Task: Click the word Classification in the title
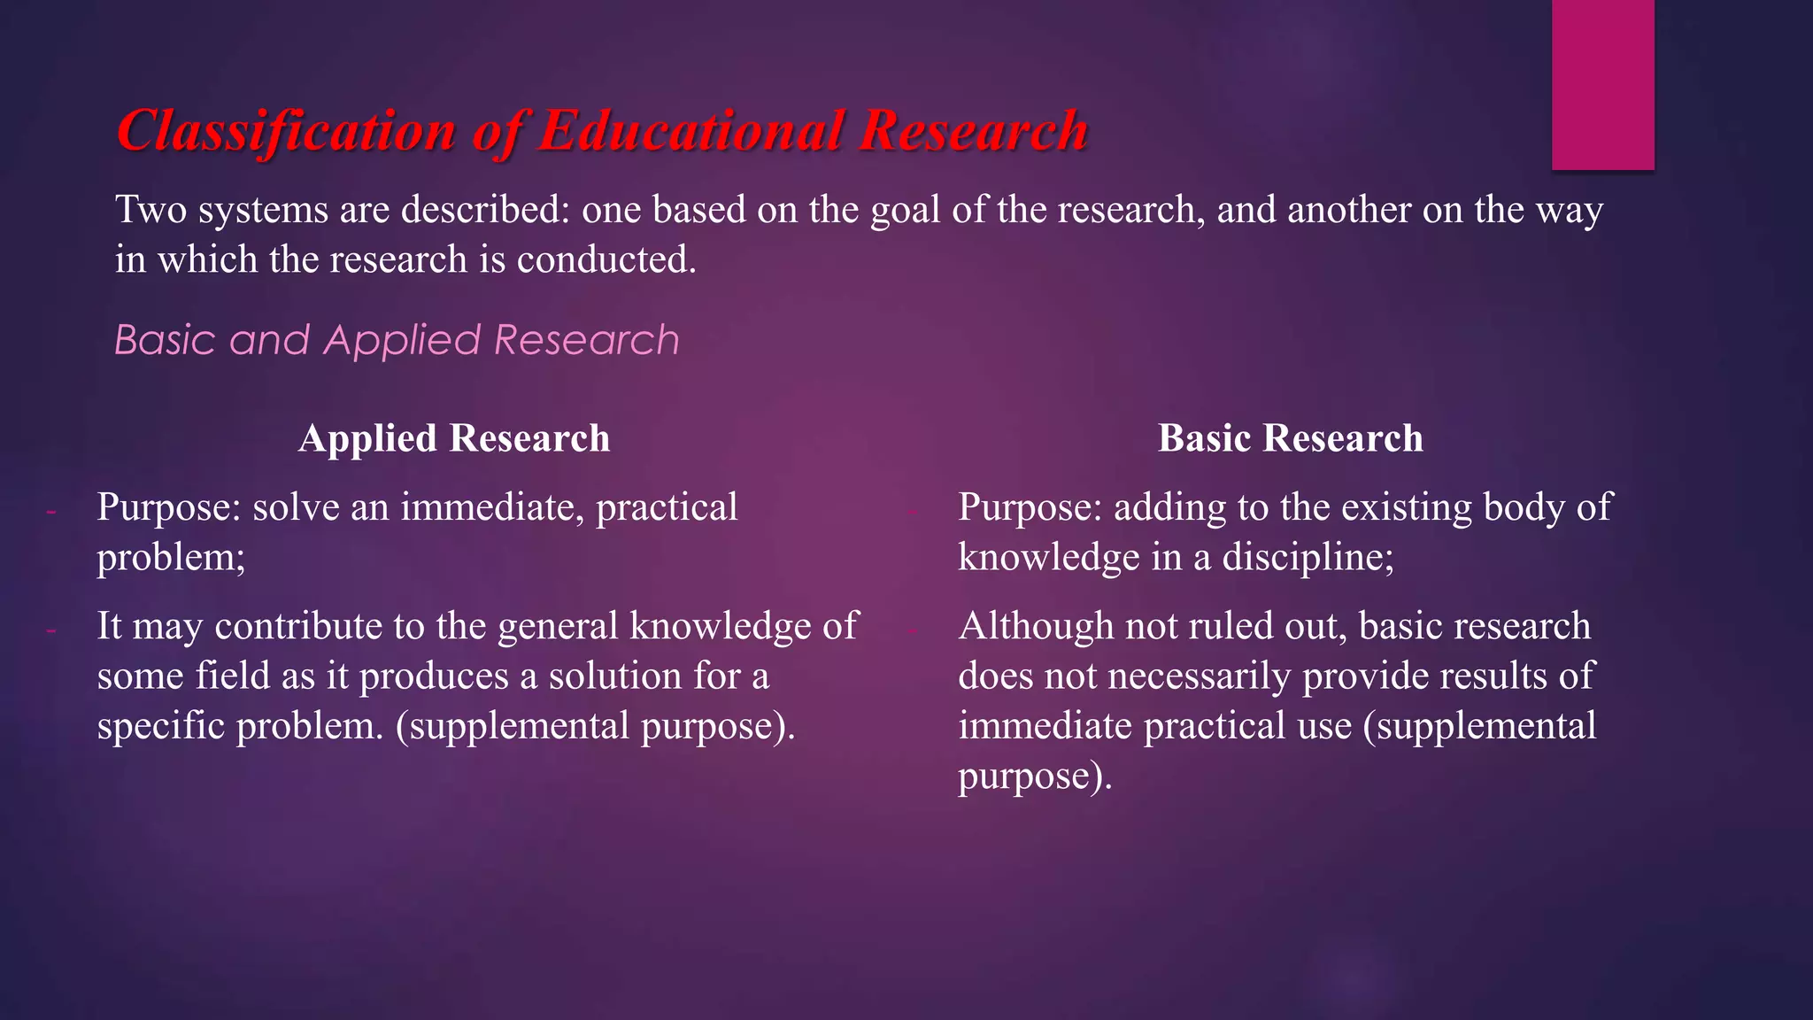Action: (x=286, y=131)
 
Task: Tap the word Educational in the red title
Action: (x=691, y=131)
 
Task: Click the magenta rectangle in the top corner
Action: (x=1602, y=84)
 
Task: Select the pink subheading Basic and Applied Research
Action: (x=397, y=340)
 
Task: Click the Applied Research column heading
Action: (x=454, y=438)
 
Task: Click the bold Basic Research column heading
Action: (x=1290, y=438)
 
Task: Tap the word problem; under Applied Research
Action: (x=171, y=558)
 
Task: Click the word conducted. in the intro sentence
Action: (x=606, y=260)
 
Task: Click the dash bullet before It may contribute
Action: (x=51, y=630)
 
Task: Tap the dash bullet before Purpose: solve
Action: (x=51, y=511)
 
